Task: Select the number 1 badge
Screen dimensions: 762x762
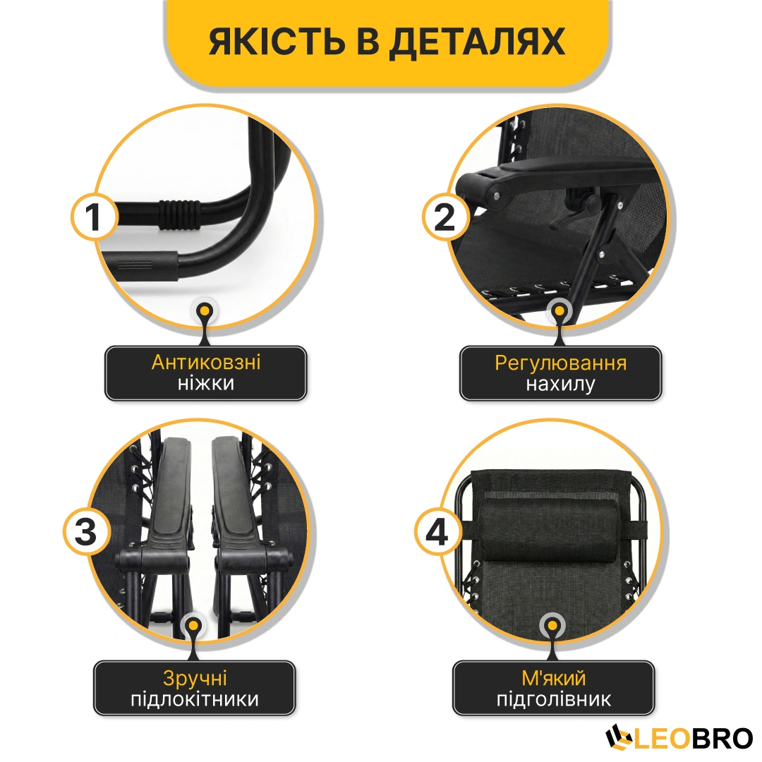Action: point(94,217)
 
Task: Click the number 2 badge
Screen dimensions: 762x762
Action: point(445,217)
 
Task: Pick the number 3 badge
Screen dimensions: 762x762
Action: point(86,532)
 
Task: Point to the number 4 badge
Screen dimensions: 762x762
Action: point(437,532)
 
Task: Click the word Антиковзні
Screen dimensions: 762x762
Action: point(206,362)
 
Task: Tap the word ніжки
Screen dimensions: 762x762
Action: point(206,383)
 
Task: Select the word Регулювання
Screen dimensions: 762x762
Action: point(561,364)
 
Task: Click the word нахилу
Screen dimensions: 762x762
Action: point(560,385)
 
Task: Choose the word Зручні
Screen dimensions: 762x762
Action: point(195,679)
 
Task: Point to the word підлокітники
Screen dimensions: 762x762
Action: point(195,699)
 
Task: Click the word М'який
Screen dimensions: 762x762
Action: point(554,677)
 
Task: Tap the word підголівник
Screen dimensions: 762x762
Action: point(554,699)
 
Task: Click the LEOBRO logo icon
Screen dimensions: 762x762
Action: point(619,738)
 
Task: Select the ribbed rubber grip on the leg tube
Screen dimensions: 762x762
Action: point(179,214)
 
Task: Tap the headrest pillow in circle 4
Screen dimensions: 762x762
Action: point(549,532)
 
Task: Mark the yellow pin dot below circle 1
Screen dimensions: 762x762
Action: point(205,310)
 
